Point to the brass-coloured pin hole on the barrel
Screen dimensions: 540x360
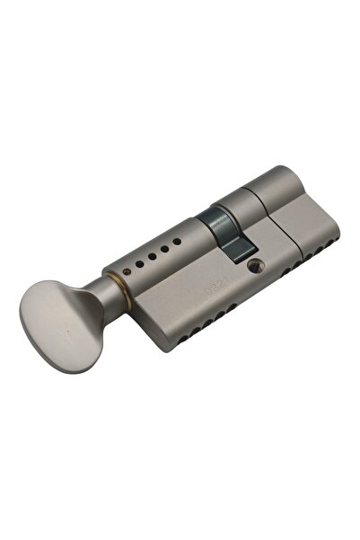[133, 267]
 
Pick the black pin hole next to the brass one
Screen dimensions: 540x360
[144, 262]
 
